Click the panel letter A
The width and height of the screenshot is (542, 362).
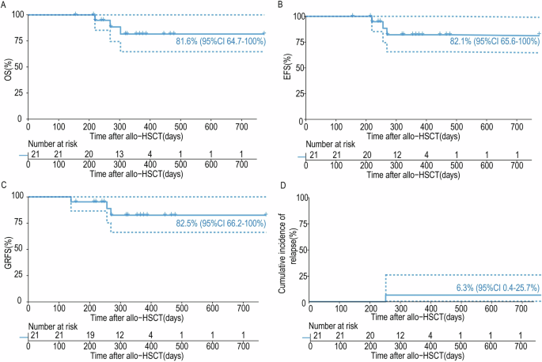(4, 6)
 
